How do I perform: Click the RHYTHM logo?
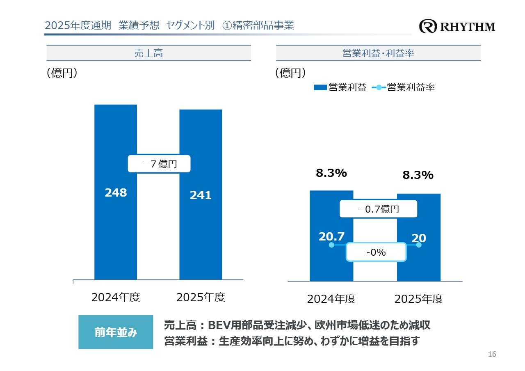coord(457,27)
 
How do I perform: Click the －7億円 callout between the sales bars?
coord(159,164)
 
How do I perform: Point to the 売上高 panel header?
coord(148,53)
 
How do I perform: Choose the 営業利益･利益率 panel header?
coord(378,53)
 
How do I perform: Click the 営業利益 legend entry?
coord(340,87)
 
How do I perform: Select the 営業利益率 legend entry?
coord(404,87)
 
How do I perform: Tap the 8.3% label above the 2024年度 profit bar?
coord(331,173)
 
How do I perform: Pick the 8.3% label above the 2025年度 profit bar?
coord(418,175)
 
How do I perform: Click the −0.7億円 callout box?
coord(378,209)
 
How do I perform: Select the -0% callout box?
coord(376,252)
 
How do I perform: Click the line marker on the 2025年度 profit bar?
coord(419,245)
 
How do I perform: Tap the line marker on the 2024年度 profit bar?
coord(331,245)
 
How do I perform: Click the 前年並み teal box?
coord(116,332)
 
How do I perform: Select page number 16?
coord(492,354)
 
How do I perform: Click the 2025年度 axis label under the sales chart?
coord(201,297)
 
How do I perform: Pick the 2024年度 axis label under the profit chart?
coord(331,299)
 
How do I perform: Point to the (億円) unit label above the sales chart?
coord(62,73)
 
